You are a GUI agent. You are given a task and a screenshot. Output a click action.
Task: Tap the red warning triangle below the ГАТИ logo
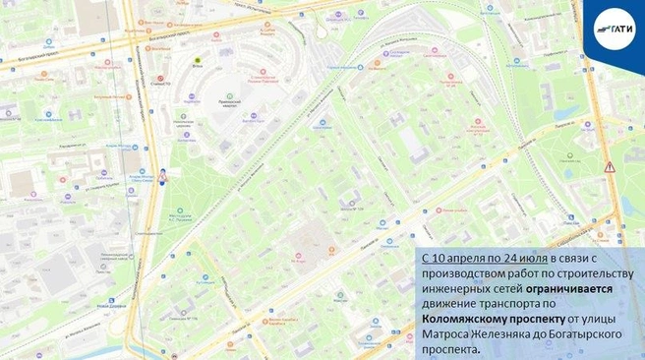click(610, 167)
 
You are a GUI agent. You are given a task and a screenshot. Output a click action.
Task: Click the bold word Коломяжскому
click(469, 320)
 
